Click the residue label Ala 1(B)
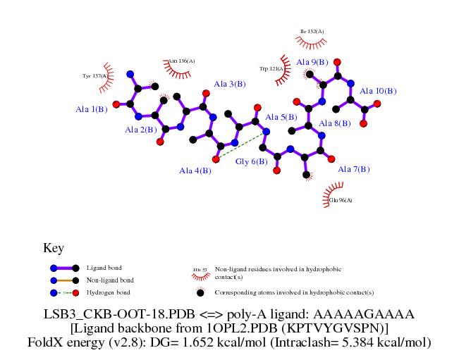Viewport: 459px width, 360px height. coord(91,109)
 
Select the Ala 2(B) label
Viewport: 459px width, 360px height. coord(140,130)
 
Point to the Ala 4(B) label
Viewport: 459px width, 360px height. coord(195,171)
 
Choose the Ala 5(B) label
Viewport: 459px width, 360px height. coord(280,117)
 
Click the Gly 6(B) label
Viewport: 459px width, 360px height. coord(251,161)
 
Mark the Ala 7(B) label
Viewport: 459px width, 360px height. coord(354,169)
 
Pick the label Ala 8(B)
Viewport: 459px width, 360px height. coord(334,124)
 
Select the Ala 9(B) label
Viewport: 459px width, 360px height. coord(312,62)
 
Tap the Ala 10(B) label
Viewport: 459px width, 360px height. coord(378,91)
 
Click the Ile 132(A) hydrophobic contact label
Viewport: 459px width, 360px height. coord(312,32)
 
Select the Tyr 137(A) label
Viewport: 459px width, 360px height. coord(94,75)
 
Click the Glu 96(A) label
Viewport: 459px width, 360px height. coord(341,200)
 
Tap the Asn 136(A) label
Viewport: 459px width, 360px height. coord(182,61)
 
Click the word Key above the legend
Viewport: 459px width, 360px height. coord(54,248)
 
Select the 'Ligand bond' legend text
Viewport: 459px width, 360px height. coord(104,268)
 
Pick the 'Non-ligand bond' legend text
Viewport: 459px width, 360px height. coord(108,280)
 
